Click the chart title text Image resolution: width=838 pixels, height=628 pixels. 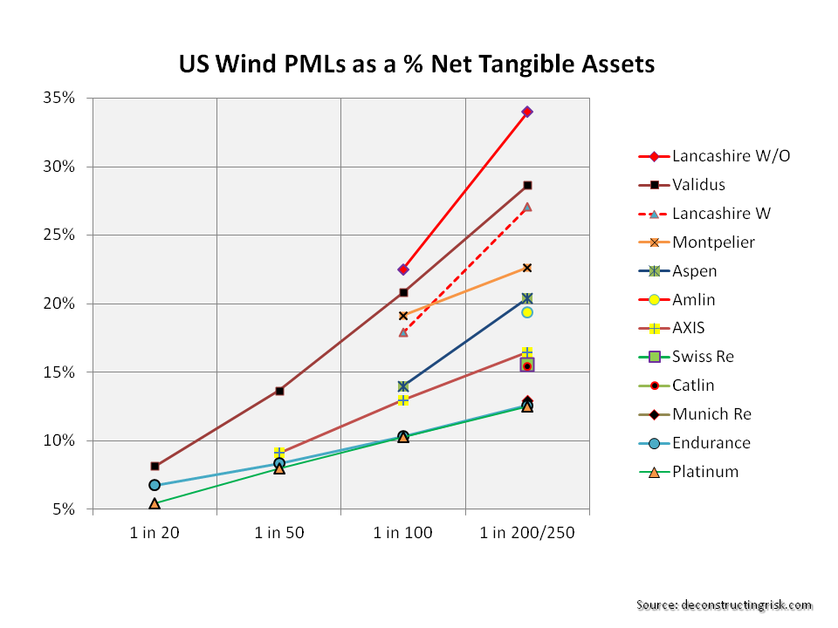tap(416, 65)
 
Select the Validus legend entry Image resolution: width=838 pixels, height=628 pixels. tap(698, 185)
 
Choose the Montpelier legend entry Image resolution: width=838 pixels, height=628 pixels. tap(713, 242)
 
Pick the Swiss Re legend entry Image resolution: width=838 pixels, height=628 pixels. tap(703, 357)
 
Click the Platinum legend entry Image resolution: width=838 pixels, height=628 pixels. tap(704, 472)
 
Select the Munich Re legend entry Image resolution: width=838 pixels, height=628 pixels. tap(711, 414)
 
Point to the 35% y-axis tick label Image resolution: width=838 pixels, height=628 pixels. tap(64, 98)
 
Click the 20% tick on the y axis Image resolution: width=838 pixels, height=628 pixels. tap(64, 304)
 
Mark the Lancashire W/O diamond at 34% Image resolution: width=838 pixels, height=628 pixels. tap(527, 112)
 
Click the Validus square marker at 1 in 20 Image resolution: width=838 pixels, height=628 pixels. tap(155, 467)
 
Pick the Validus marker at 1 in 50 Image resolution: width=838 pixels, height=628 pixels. tap(279, 391)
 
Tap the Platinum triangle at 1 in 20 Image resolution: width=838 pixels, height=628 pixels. tap(155, 503)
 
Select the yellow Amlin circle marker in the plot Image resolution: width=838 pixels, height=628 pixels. tap(527, 312)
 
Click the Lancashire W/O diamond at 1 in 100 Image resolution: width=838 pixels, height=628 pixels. tap(403, 270)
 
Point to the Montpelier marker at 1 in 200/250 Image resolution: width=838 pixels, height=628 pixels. tap(527, 267)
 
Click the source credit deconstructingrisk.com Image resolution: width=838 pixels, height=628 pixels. tap(724, 605)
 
